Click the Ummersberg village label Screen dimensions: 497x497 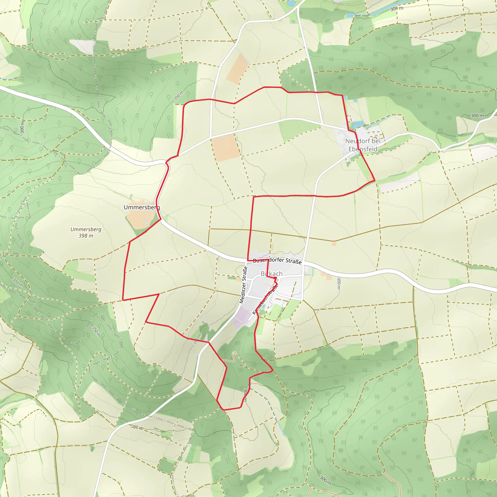pyautogui.click(x=142, y=207)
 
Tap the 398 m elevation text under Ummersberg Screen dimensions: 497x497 pyautogui.click(x=86, y=236)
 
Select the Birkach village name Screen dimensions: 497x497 pyautogui.click(x=271, y=274)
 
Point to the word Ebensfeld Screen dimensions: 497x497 pyautogui.click(x=363, y=149)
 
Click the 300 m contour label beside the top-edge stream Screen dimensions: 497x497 pyautogui.click(x=397, y=8)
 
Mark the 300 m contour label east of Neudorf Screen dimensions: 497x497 pyautogui.click(x=477, y=116)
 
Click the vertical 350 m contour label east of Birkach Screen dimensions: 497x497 pyautogui.click(x=339, y=283)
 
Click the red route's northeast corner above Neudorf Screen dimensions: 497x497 pyautogui.click(x=342, y=96)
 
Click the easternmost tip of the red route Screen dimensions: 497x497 pyautogui.click(x=375, y=181)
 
